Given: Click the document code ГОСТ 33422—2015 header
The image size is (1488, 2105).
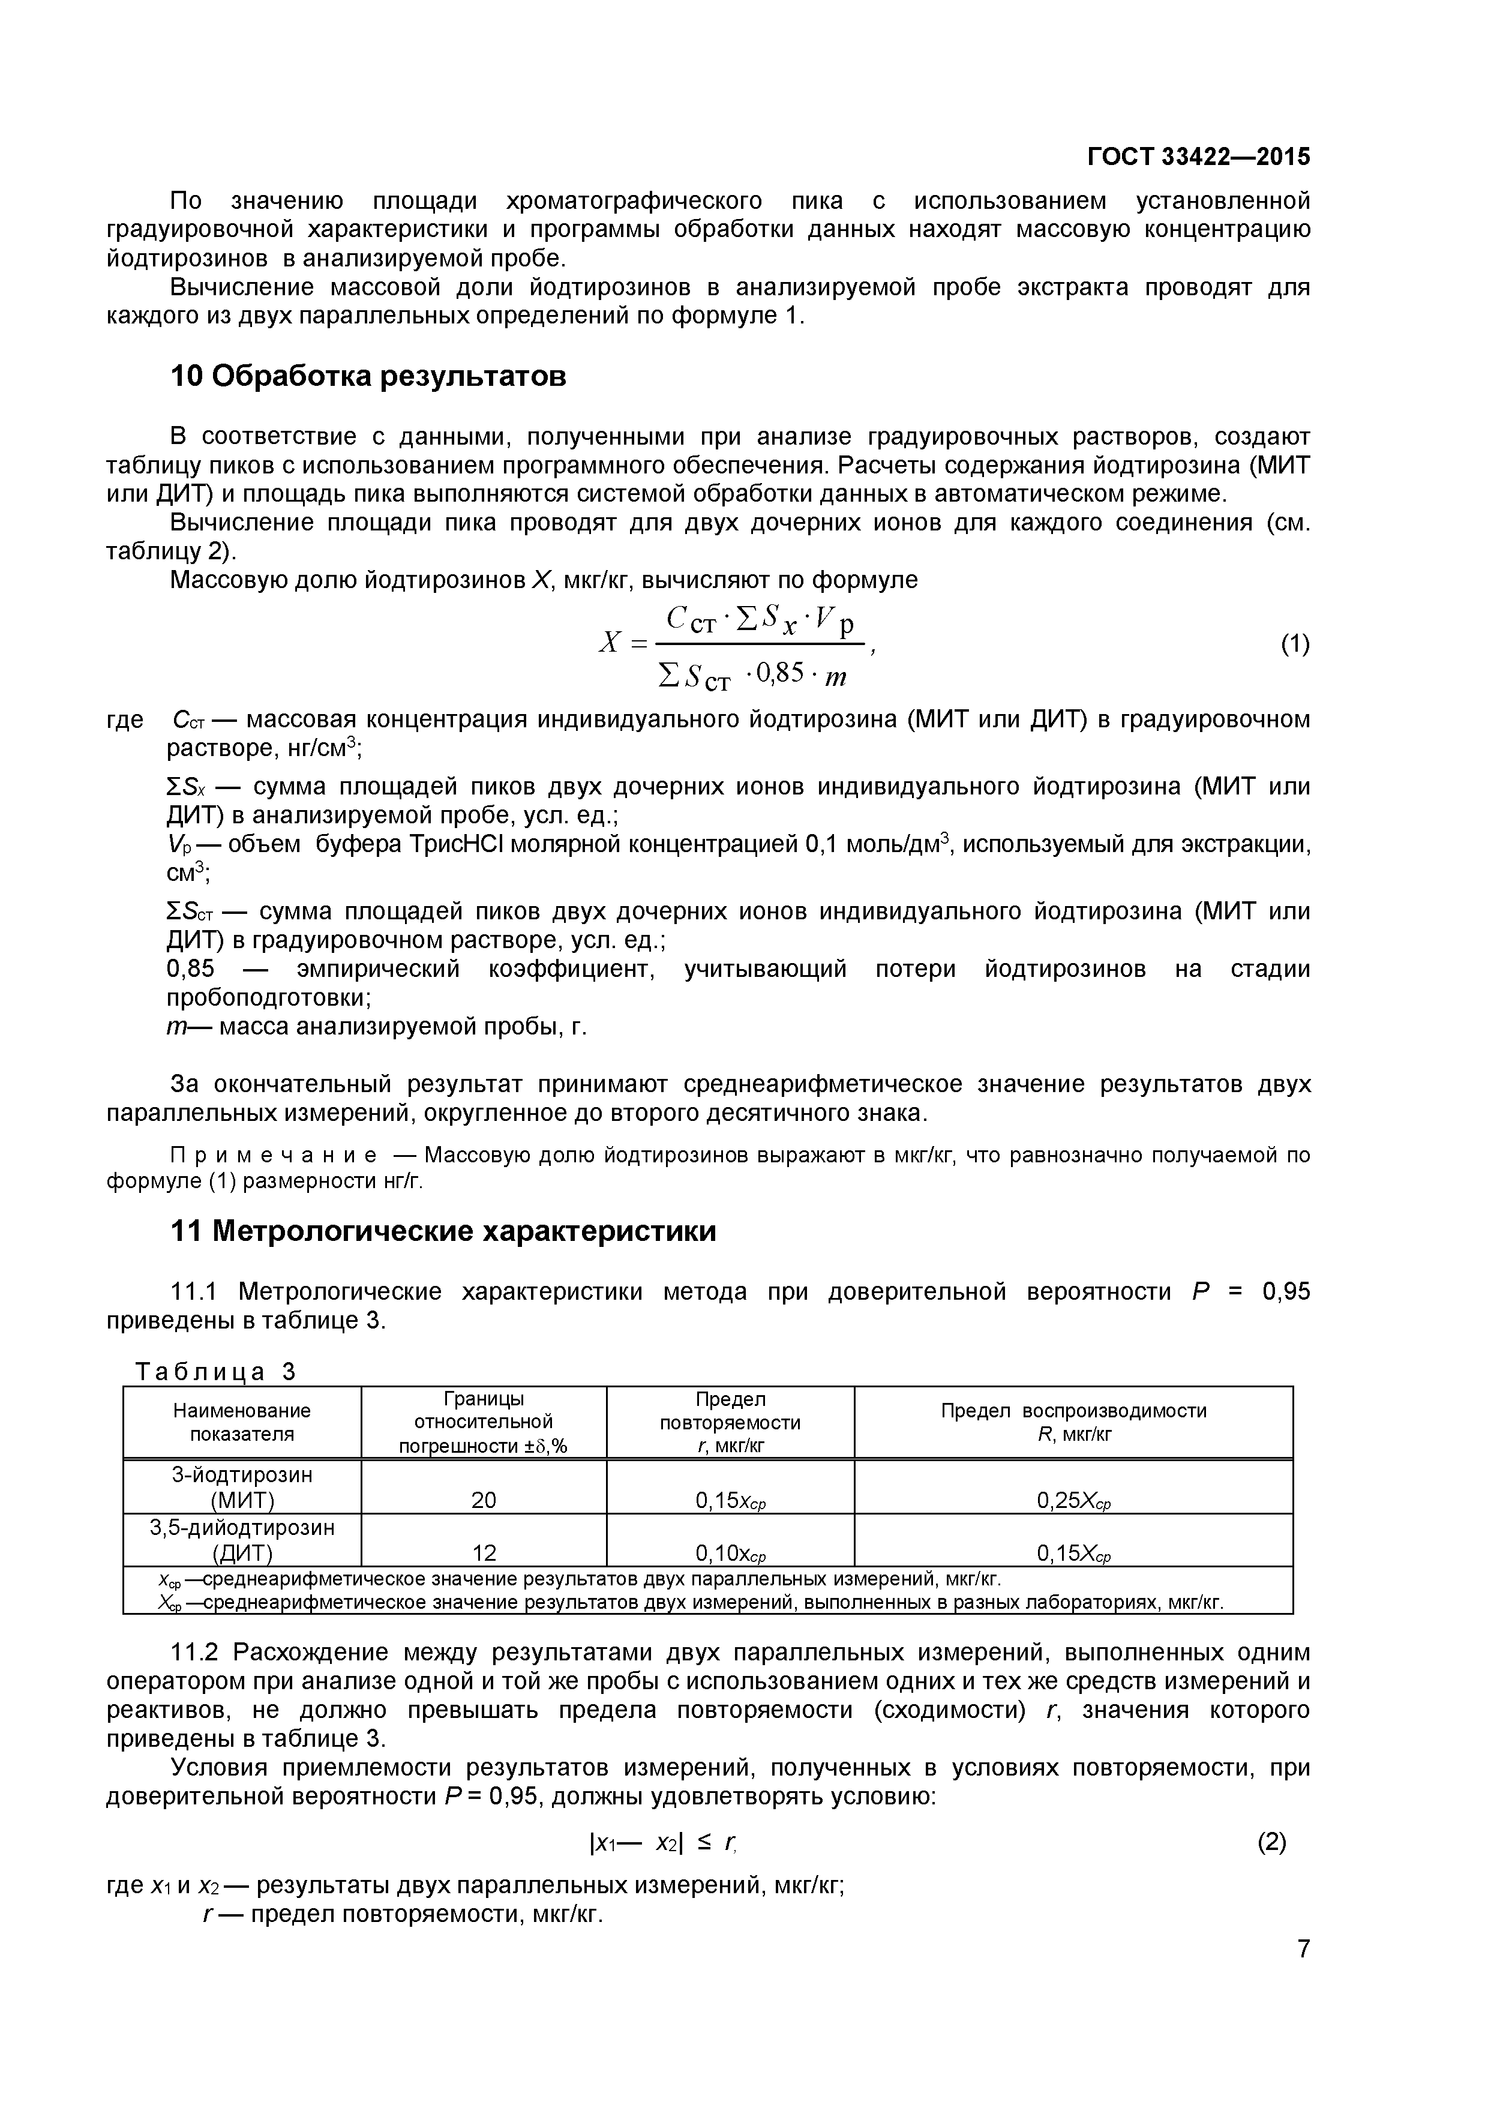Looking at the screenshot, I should (x=1198, y=157).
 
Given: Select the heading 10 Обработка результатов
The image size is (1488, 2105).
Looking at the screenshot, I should (x=368, y=376).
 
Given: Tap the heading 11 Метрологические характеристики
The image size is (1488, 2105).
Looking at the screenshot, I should (x=444, y=1231).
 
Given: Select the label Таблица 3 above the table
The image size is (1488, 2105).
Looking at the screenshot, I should (x=217, y=1372).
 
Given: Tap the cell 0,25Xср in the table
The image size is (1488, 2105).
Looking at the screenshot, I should (x=1073, y=1501).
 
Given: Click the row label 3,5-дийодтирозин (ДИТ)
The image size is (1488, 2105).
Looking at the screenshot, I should (x=242, y=1540).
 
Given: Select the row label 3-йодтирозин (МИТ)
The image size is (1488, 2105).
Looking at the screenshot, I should (x=242, y=1487).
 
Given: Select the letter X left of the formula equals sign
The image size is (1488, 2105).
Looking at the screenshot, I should (x=609, y=644).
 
